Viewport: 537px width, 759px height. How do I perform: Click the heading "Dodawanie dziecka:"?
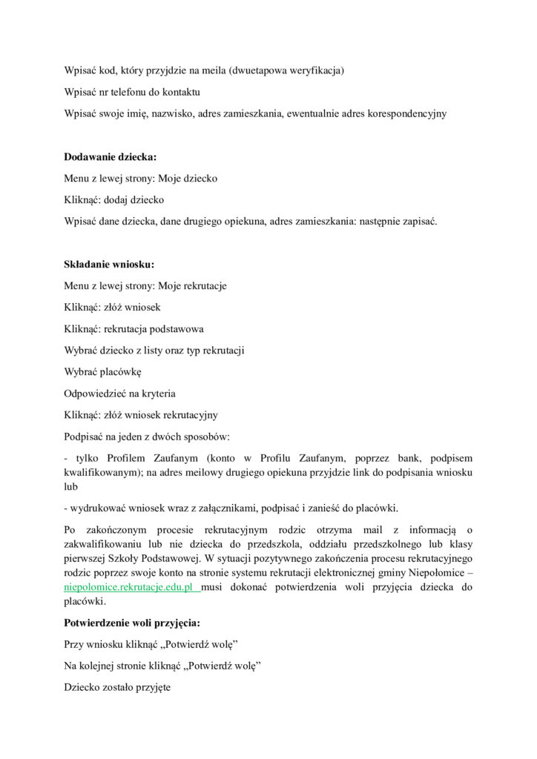110,157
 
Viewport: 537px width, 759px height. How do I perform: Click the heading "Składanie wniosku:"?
108,264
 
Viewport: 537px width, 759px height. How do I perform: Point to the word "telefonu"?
130,93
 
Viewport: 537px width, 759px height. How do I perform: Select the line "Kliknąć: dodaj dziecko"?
114,200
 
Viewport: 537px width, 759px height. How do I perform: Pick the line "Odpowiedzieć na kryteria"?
119,393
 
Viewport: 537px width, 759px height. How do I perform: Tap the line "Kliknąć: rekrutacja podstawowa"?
134,328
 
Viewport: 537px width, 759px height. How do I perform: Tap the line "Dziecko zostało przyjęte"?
117,687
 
